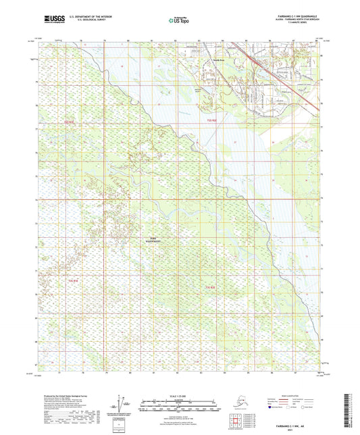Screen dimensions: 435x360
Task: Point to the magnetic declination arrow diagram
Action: point(122,404)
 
